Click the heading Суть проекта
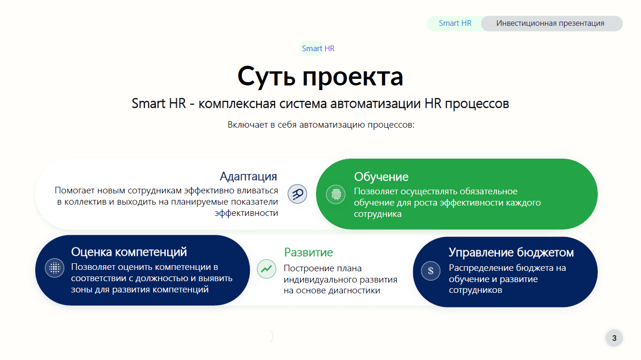[x=320, y=77]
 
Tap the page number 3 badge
[x=614, y=338]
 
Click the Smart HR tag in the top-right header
[x=455, y=23]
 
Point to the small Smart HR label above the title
[x=318, y=48]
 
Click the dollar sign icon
[x=431, y=271]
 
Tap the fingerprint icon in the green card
[x=336, y=194]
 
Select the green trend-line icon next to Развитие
[x=266, y=269]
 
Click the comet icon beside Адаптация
[x=297, y=194]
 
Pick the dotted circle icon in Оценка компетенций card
[x=54, y=268]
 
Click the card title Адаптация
[x=248, y=176]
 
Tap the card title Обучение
[x=381, y=176]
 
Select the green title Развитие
[x=309, y=252]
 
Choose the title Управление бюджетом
[x=511, y=252]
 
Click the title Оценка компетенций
[x=129, y=252]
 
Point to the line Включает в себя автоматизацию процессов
[x=321, y=125]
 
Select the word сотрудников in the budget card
[x=475, y=290]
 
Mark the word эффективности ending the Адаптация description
[x=247, y=213]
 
